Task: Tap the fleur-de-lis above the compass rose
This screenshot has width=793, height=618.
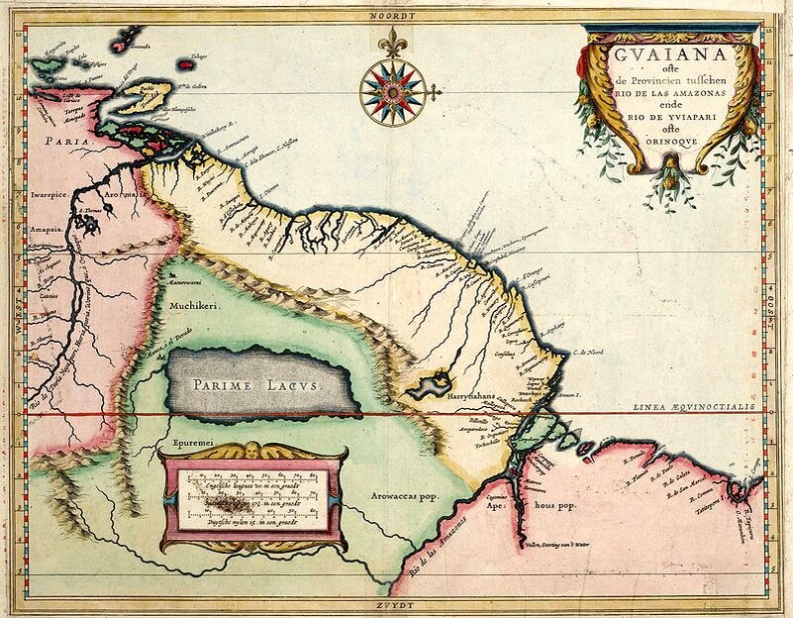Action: point(396,42)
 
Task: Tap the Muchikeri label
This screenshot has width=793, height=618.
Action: point(192,307)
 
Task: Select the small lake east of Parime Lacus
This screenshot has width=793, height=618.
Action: point(433,381)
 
